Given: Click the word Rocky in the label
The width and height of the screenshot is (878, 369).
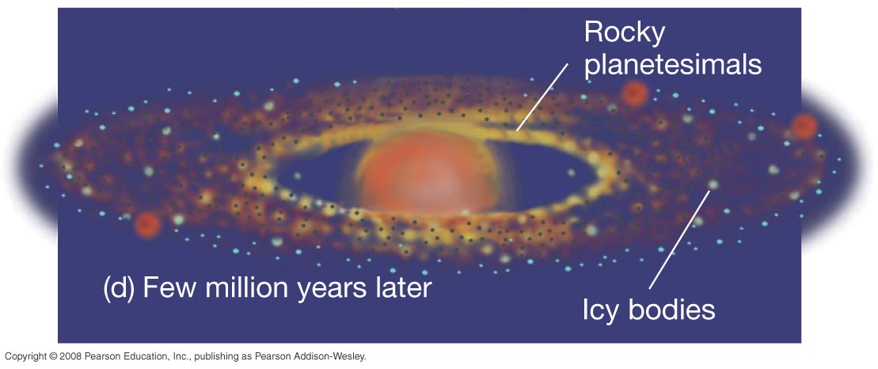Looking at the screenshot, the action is click(624, 33).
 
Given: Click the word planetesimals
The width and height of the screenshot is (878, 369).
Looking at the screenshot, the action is click(672, 65).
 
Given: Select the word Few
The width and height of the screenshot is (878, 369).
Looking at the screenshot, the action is click(171, 287).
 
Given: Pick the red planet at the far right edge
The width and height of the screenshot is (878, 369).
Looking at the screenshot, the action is click(804, 126).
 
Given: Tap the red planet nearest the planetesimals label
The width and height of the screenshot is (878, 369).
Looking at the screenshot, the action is click(634, 93).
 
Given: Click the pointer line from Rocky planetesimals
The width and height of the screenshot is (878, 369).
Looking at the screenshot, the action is click(542, 97).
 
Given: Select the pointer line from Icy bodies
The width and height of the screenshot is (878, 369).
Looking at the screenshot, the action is click(679, 240).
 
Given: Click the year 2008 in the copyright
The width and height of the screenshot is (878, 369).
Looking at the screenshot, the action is click(70, 356).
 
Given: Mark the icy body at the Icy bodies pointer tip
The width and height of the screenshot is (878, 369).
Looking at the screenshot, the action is click(713, 184).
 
